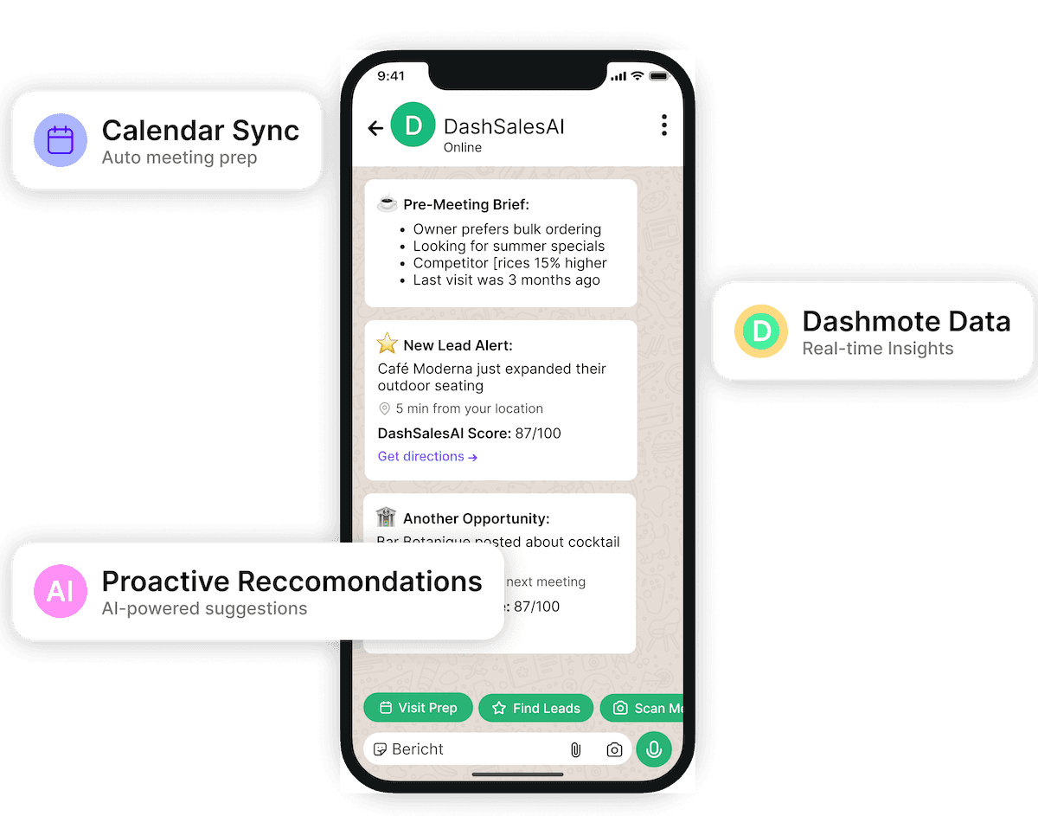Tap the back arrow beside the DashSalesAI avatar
(x=375, y=129)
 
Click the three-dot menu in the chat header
(x=663, y=125)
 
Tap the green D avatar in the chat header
(x=413, y=125)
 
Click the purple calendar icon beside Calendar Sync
(x=61, y=140)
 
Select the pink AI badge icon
(x=61, y=591)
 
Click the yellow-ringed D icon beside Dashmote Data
(x=761, y=331)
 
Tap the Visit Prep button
(x=419, y=708)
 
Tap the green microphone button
(x=654, y=749)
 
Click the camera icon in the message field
(x=614, y=750)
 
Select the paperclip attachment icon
(x=575, y=750)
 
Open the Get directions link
(x=427, y=456)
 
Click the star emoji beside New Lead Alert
(x=387, y=344)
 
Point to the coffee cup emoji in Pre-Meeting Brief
(x=388, y=204)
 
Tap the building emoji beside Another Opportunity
(x=386, y=518)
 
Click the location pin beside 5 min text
(x=384, y=408)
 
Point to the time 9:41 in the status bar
(x=391, y=76)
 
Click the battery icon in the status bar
(x=660, y=76)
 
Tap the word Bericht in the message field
(x=418, y=749)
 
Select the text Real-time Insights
(x=877, y=349)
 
